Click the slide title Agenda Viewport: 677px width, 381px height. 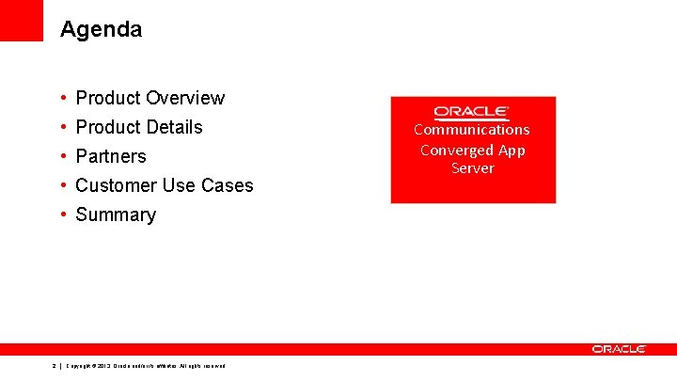pyautogui.click(x=101, y=29)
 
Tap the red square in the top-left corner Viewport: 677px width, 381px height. pyautogui.click(x=22, y=20)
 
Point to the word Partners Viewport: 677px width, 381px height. pyautogui.click(x=111, y=156)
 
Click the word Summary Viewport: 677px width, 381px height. pyautogui.click(x=116, y=214)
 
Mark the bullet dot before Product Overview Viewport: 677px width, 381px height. pyautogui.click(x=61, y=98)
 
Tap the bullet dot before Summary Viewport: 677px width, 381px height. pyautogui.click(x=61, y=214)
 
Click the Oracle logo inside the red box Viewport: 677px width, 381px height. pyautogui.click(x=472, y=112)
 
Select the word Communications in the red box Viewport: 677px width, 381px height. pyautogui.click(x=472, y=130)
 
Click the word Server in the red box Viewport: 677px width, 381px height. pyautogui.click(x=472, y=168)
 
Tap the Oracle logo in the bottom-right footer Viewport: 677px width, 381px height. pyautogui.click(x=619, y=349)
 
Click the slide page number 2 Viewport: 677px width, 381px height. pyautogui.click(x=55, y=365)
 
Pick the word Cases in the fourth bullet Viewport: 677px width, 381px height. pyautogui.click(x=229, y=185)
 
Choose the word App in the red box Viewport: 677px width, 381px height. pyautogui.click(x=512, y=150)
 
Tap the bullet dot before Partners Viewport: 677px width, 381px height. pyautogui.click(x=61, y=156)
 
